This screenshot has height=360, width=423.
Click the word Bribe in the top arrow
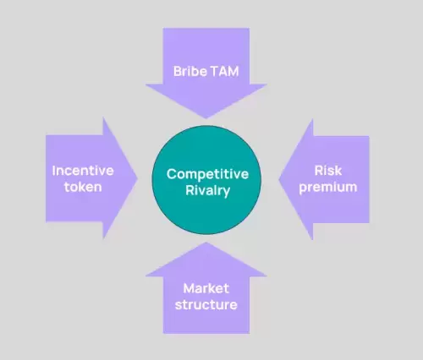(190, 71)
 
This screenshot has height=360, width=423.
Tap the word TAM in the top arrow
(225, 71)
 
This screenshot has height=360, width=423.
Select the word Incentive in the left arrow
(83, 171)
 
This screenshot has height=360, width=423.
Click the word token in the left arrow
(83, 187)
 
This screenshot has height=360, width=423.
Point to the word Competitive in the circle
(207, 175)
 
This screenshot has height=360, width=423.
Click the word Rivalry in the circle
(208, 191)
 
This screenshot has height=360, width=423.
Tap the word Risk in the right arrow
(328, 171)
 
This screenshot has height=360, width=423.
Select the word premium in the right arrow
(328, 188)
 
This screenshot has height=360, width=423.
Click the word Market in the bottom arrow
(206, 288)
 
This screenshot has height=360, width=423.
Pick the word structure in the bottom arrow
(206, 305)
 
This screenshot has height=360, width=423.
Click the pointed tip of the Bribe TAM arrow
(206, 118)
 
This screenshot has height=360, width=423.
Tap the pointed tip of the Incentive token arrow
(137, 178)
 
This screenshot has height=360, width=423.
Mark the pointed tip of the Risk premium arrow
(279, 179)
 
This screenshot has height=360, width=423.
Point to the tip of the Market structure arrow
(206, 243)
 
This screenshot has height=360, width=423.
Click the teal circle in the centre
(206, 180)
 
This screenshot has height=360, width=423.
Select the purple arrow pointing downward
(206, 74)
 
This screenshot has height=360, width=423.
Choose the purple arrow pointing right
(91, 178)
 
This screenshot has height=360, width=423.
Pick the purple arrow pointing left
(324, 179)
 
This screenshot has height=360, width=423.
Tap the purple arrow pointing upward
(206, 288)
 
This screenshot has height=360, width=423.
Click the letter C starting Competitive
(171, 174)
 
